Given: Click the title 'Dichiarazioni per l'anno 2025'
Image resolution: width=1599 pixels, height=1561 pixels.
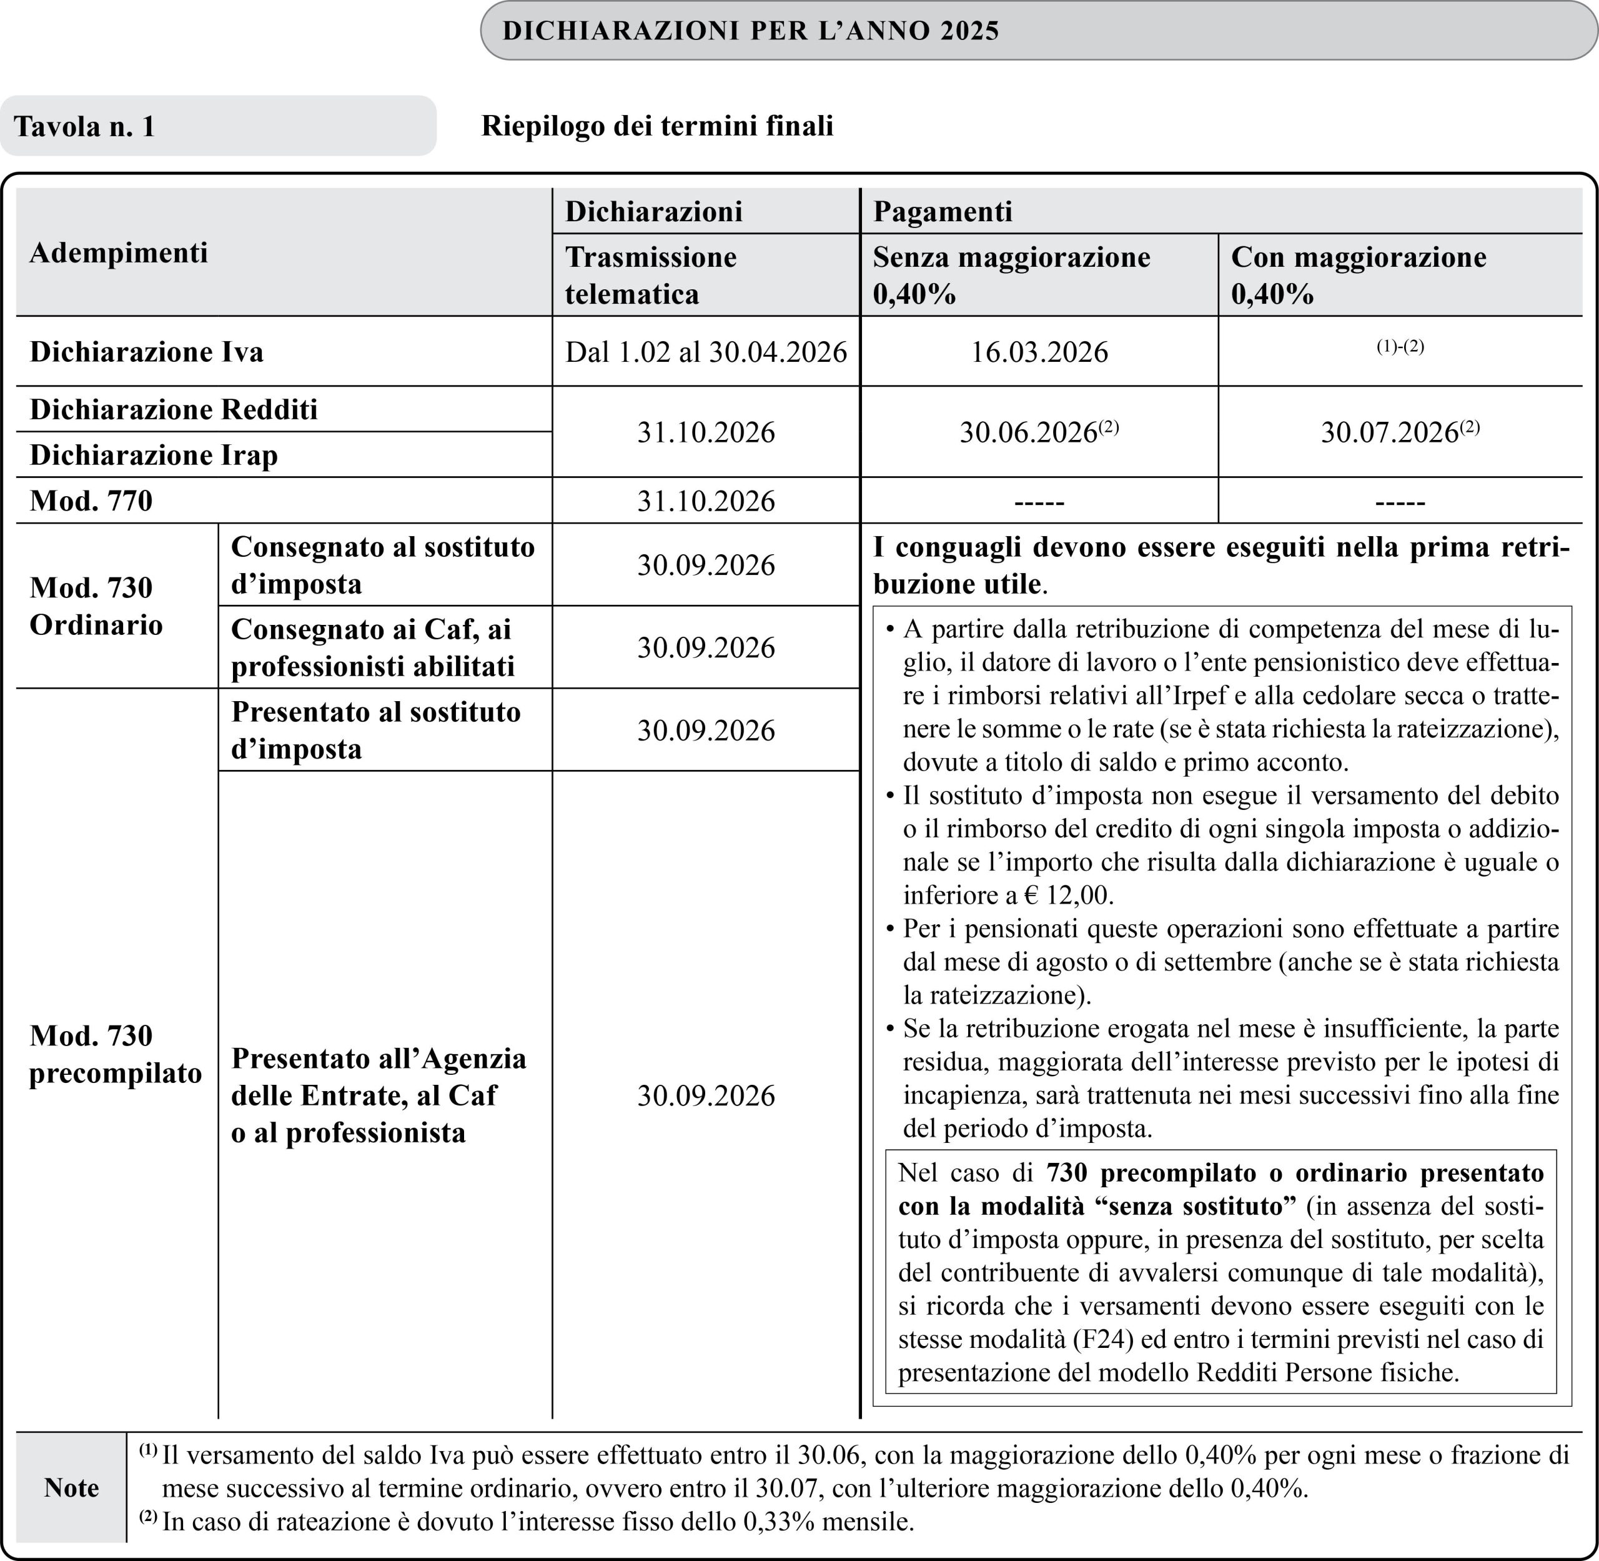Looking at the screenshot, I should click(750, 31).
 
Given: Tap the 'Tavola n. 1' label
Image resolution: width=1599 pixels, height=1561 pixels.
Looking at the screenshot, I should click(84, 126).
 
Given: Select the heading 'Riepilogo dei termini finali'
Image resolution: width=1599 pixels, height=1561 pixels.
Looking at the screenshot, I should click(656, 126).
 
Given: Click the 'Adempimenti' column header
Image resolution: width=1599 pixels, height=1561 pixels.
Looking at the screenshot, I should click(119, 252).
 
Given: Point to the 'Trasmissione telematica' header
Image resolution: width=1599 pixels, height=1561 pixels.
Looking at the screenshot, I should click(651, 275).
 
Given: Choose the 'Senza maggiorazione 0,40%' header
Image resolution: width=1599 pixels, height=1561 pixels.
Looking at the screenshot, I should click(1011, 275).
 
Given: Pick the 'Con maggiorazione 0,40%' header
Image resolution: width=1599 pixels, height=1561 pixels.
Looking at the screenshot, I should click(1358, 275).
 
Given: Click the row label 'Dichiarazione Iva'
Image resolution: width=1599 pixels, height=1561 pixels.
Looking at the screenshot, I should click(147, 352).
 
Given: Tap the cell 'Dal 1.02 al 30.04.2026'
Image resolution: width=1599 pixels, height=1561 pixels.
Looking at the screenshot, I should click(706, 352).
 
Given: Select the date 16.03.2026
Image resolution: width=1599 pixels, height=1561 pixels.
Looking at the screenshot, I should click(1039, 352).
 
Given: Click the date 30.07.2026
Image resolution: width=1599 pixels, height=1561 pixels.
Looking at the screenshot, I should click(1389, 432).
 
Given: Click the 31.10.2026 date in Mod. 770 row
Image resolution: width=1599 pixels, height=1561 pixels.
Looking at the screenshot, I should click(706, 501).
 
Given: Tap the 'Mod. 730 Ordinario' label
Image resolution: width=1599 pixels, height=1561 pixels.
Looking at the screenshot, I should click(96, 606).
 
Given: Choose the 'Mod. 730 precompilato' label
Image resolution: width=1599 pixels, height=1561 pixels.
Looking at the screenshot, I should click(115, 1054).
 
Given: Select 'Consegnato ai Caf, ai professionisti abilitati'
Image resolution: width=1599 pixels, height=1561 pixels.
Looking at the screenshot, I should click(373, 647).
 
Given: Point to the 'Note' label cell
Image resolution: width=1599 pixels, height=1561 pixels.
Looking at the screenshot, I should click(71, 1487).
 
